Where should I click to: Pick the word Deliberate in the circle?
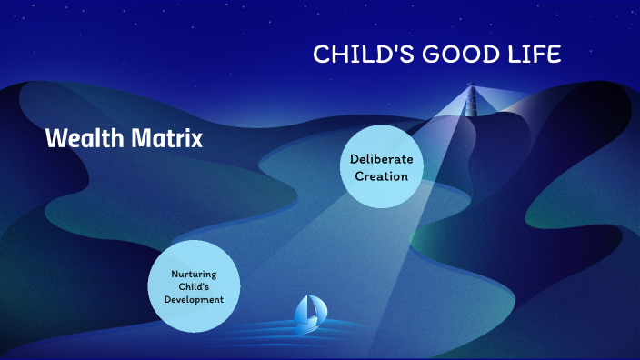point(381,159)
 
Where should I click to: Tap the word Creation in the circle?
point(381,175)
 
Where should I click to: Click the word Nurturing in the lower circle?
point(193,274)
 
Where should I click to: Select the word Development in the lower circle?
point(193,299)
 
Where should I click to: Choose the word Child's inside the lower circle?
point(193,286)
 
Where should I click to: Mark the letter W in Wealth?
point(55,139)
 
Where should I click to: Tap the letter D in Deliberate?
point(355,159)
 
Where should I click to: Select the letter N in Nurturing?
point(174,274)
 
